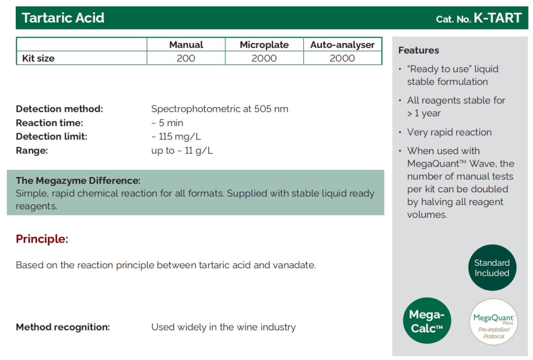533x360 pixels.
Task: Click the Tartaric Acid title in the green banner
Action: click(x=63, y=18)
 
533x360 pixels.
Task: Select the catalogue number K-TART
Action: click(x=497, y=18)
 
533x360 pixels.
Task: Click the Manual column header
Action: click(x=186, y=45)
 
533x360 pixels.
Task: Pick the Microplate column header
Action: click(x=264, y=45)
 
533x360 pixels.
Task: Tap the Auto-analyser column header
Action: click(x=343, y=45)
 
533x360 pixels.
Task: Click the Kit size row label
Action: click(x=38, y=58)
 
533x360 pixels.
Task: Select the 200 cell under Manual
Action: click(x=186, y=58)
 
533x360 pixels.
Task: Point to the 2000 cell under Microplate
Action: click(x=264, y=58)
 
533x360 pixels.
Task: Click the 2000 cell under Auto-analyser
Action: click(x=343, y=58)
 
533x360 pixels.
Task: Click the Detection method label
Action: click(x=60, y=109)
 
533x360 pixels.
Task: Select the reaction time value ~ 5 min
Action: click(x=167, y=123)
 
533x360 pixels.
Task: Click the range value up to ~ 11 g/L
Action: click(x=182, y=150)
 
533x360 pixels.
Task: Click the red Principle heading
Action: click(x=42, y=239)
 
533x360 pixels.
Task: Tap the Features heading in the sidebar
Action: click(x=419, y=50)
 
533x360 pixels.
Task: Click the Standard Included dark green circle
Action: click(x=492, y=268)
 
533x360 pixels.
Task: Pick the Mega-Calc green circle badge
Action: click(x=427, y=321)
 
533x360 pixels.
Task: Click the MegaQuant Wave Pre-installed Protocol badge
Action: click(x=494, y=322)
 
